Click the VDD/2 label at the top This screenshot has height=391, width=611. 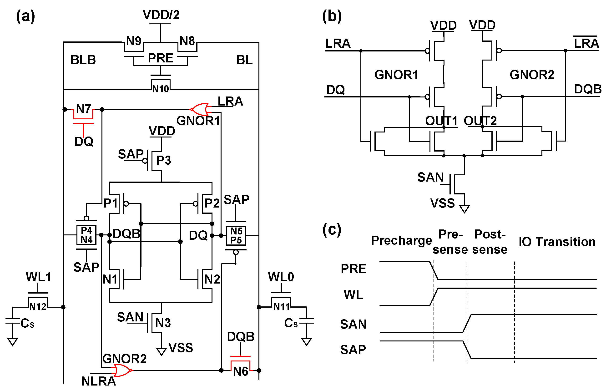point(161,15)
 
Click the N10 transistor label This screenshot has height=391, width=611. point(160,89)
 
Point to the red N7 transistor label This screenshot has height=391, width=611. point(84,109)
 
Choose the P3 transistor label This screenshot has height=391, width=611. point(163,160)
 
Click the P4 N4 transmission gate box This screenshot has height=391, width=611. point(86,235)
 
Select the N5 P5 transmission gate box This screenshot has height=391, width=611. point(236,236)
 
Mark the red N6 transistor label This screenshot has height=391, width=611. point(240,371)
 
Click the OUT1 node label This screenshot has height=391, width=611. point(441,121)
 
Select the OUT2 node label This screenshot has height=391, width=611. point(480,121)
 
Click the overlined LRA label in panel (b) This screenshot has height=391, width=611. point(586,43)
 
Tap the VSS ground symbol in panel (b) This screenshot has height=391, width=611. point(464,209)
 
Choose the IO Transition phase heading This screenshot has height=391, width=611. point(557,242)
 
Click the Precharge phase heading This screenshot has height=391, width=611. point(401,240)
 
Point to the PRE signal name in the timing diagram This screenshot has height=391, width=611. point(353,269)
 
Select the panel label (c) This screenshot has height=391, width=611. point(332,229)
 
